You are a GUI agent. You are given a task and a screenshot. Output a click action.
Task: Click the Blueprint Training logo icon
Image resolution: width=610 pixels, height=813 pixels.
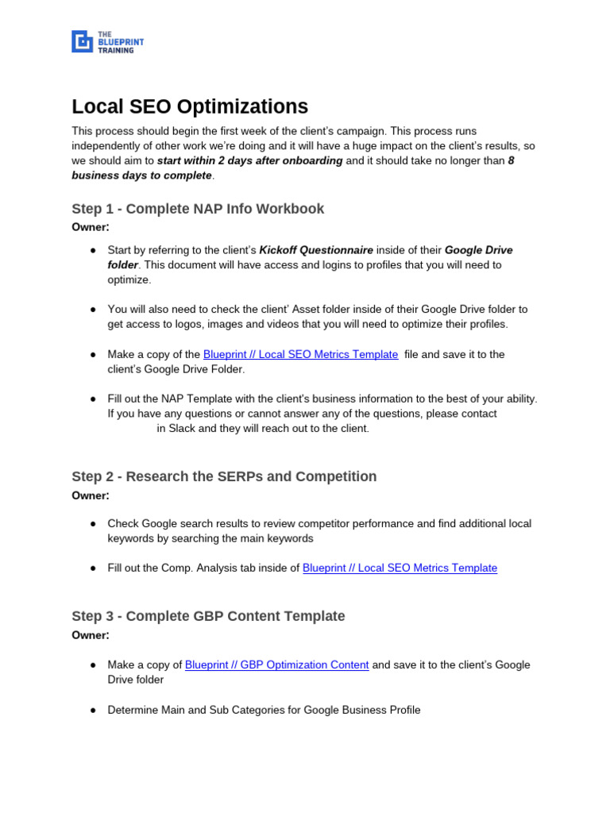(x=82, y=41)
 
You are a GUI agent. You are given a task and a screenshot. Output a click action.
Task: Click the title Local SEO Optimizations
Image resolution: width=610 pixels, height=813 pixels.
(x=190, y=106)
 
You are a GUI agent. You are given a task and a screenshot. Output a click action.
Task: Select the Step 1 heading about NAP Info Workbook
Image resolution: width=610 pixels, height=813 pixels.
(x=198, y=209)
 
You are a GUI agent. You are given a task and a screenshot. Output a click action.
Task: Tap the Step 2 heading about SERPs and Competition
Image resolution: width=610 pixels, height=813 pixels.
(x=224, y=476)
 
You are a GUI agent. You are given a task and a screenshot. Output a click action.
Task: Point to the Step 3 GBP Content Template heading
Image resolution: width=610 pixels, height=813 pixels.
(x=208, y=616)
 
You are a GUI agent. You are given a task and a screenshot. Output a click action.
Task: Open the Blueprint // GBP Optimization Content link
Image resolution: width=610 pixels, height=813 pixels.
(x=276, y=665)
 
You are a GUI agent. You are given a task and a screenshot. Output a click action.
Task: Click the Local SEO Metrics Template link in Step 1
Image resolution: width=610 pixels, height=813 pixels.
(x=300, y=354)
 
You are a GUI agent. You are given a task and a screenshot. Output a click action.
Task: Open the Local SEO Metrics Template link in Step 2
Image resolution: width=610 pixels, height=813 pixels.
(x=400, y=568)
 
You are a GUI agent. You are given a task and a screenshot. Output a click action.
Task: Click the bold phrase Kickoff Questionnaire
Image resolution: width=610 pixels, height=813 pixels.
(x=316, y=249)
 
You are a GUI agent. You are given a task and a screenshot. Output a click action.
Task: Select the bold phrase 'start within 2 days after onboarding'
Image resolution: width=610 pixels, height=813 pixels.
(x=250, y=160)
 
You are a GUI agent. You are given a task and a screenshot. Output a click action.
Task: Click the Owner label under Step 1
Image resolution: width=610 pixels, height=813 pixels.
(x=91, y=227)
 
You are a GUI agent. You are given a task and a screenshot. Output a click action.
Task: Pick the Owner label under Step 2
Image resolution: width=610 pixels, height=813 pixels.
(x=91, y=495)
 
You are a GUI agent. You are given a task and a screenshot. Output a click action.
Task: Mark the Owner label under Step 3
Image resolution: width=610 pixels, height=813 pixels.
(x=91, y=635)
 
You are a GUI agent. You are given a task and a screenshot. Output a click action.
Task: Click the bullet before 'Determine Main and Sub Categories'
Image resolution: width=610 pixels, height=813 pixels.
(x=93, y=710)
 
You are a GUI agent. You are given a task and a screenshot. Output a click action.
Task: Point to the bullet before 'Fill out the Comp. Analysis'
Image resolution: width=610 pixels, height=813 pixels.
(x=93, y=568)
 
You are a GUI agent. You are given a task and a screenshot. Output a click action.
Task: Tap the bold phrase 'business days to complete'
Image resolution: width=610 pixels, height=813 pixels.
(x=142, y=175)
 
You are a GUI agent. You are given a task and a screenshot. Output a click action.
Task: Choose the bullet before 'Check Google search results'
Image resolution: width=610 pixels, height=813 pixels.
(x=93, y=524)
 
